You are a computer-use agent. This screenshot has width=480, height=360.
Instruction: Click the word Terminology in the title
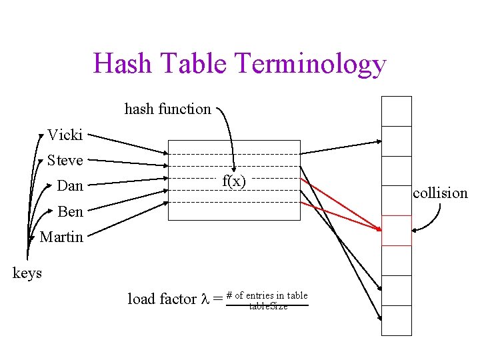[x=311, y=65]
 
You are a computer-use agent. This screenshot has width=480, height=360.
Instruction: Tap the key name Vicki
[x=65, y=135]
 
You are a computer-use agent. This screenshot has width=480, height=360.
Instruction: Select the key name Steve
[x=65, y=161]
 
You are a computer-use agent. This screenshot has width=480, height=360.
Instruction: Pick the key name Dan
[x=70, y=186]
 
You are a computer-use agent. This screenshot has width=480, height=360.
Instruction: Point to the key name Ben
[x=70, y=212]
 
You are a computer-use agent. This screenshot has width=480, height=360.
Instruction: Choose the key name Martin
[x=61, y=237]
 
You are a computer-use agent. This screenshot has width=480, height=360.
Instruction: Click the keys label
[x=27, y=273]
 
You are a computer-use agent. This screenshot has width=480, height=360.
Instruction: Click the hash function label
[x=167, y=109]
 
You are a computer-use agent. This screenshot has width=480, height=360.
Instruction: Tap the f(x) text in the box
[x=234, y=181]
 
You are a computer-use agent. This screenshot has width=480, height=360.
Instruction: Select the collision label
[x=440, y=193]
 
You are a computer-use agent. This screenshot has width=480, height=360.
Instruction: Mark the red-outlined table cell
[x=396, y=231]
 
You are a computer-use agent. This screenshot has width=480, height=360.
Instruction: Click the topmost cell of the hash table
[x=396, y=111]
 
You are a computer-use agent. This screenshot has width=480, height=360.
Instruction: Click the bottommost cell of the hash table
[x=396, y=320]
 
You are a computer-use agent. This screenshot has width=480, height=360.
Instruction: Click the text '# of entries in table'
[x=267, y=295]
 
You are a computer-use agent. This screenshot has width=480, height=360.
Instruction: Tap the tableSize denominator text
[x=268, y=307]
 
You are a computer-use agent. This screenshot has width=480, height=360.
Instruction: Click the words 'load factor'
[x=163, y=299]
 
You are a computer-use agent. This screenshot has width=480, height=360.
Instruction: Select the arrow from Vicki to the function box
[x=127, y=144]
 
